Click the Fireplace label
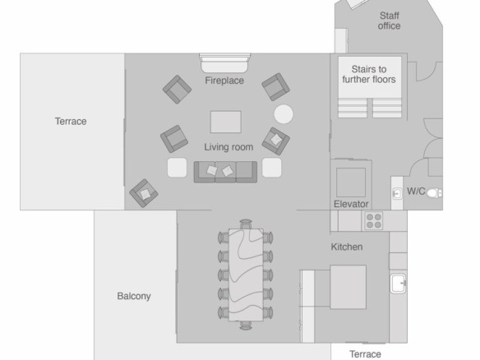tap(224, 81)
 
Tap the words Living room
tap(228, 147)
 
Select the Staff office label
tap(389, 21)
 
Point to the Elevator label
tap(351, 204)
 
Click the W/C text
tap(416, 192)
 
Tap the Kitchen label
tap(347, 247)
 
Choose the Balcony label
tap(134, 296)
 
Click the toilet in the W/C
tap(434, 193)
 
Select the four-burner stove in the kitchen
tap(374, 221)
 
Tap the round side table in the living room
tap(284, 114)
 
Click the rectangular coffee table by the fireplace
tap(226, 122)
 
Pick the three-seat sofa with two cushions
tap(225, 172)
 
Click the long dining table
tap(246, 275)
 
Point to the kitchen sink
tap(399, 284)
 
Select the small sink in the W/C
tap(397, 193)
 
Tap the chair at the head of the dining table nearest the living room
tap(246, 224)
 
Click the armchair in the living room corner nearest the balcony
tap(144, 193)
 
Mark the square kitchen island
tap(348, 287)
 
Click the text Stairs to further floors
tap(369, 75)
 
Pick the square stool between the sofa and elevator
tap(271, 168)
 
